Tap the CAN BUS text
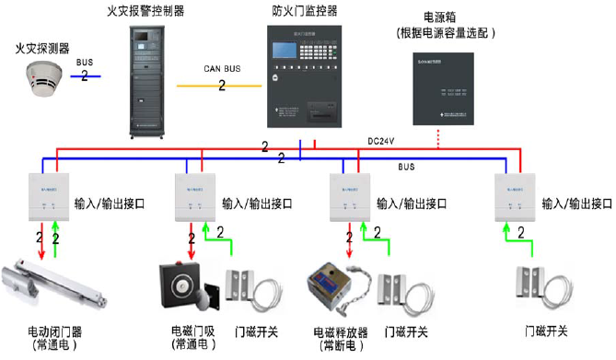[221, 68]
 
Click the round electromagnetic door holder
[186, 281]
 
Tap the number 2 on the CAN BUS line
[222, 86]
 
